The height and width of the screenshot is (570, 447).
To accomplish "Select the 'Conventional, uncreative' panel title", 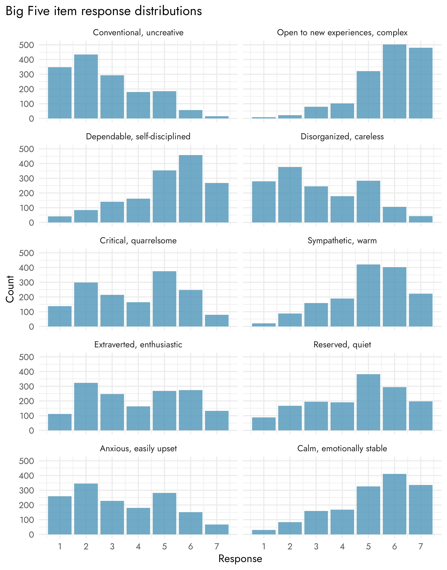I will (x=138, y=33).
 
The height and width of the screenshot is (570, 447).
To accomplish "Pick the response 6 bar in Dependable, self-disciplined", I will (x=191, y=189).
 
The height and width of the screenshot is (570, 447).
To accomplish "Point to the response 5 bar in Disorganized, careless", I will (x=368, y=202).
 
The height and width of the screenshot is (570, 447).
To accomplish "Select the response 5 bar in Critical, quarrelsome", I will (x=164, y=299).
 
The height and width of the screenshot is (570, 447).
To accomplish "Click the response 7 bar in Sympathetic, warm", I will (x=421, y=310).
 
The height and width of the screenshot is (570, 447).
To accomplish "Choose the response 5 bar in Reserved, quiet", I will (x=368, y=402).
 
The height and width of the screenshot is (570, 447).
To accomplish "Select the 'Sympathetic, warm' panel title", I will (x=342, y=241).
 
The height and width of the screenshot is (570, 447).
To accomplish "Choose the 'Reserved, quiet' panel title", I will (x=342, y=345).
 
